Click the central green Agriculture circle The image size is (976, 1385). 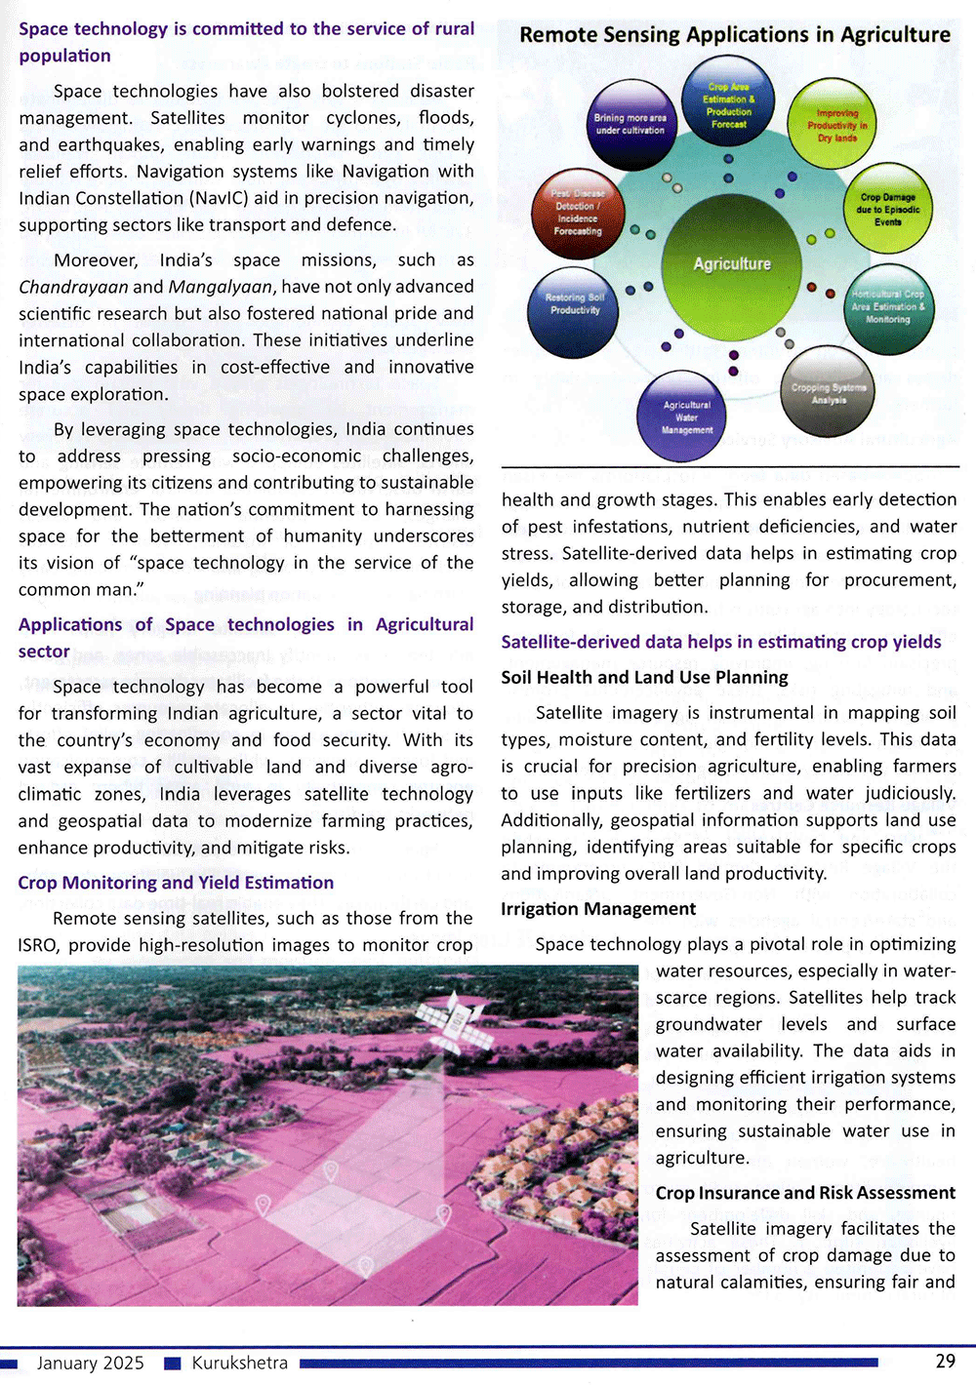pyautogui.click(x=732, y=263)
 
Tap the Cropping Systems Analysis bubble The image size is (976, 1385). pyautogui.click(x=829, y=392)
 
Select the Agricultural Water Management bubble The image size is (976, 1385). pyautogui.click(x=687, y=417)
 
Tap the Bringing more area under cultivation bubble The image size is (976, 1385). pyautogui.click(x=630, y=124)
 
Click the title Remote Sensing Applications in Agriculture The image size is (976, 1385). pyautogui.click(x=735, y=35)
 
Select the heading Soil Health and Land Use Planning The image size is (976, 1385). pyautogui.click(x=644, y=678)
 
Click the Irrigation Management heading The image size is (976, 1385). pyautogui.click(x=598, y=909)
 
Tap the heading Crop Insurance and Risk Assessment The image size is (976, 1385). pyautogui.click(x=805, y=1193)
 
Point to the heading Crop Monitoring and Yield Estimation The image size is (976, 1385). pyautogui.click(x=176, y=883)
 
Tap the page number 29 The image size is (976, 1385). pyautogui.click(x=945, y=1362)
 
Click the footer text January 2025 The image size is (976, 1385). pyautogui.click(x=90, y=1363)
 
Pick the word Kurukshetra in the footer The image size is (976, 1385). pyautogui.click(x=239, y=1363)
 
